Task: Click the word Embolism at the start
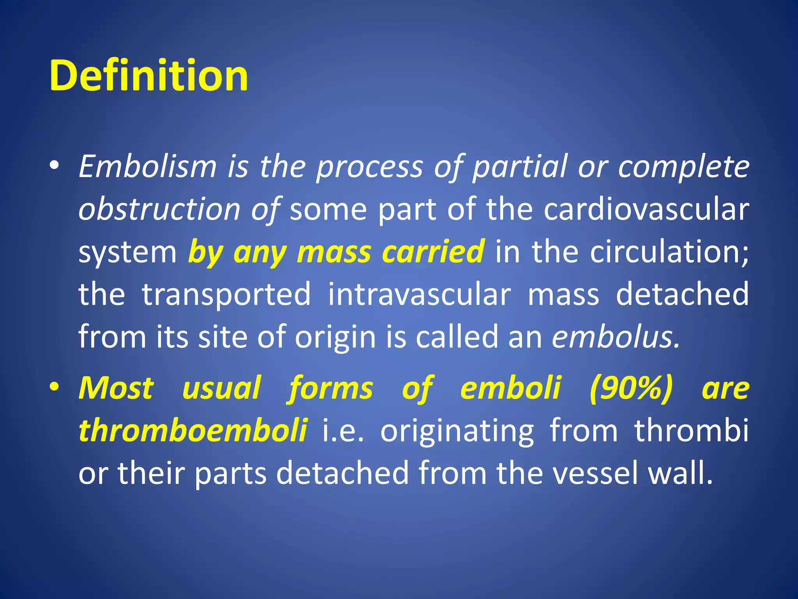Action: (x=147, y=167)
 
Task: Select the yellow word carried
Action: (x=433, y=252)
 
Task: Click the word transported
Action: (x=226, y=294)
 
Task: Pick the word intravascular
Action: (x=419, y=294)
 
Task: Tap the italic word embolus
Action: (x=616, y=337)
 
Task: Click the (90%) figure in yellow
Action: (x=631, y=388)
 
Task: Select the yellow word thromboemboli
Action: (x=193, y=431)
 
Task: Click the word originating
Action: (x=457, y=431)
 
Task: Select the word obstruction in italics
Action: (x=159, y=209)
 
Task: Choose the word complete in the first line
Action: (x=684, y=167)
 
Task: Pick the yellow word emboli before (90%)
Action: (x=510, y=388)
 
